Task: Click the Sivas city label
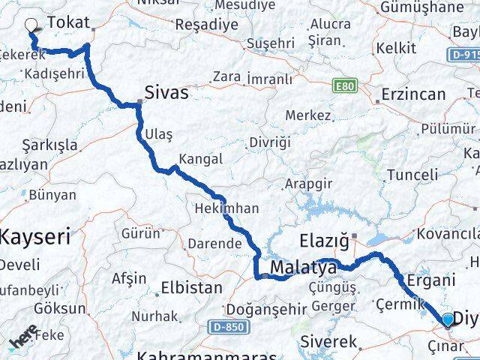[x=167, y=91]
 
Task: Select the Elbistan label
[x=192, y=286]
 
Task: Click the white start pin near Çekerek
[x=32, y=24]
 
